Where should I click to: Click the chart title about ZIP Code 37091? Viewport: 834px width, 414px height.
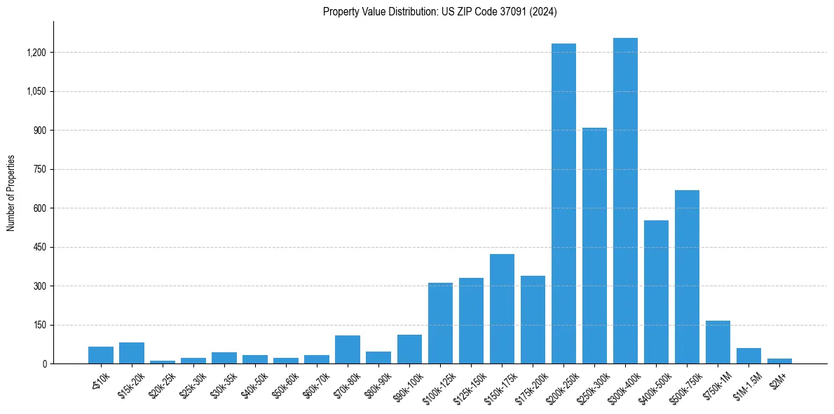(439, 12)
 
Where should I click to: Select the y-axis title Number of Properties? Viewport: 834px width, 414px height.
(11, 193)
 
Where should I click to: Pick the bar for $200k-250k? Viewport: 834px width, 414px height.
(563, 203)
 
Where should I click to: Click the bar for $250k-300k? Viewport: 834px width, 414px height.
(594, 246)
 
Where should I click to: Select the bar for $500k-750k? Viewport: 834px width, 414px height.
(687, 276)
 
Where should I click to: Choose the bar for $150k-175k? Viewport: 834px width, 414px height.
(502, 309)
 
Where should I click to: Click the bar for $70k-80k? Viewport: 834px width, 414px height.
(348, 349)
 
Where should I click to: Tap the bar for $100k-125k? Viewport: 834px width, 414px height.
(440, 323)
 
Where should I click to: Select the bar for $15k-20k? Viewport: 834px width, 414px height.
(132, 353)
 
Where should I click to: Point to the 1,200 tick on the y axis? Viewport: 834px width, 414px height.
(36, 53)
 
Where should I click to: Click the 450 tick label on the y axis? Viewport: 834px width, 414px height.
(39, 247)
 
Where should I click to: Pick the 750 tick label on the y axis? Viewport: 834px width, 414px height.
(39, 169)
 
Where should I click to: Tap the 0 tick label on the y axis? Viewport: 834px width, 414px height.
(44, 363)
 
